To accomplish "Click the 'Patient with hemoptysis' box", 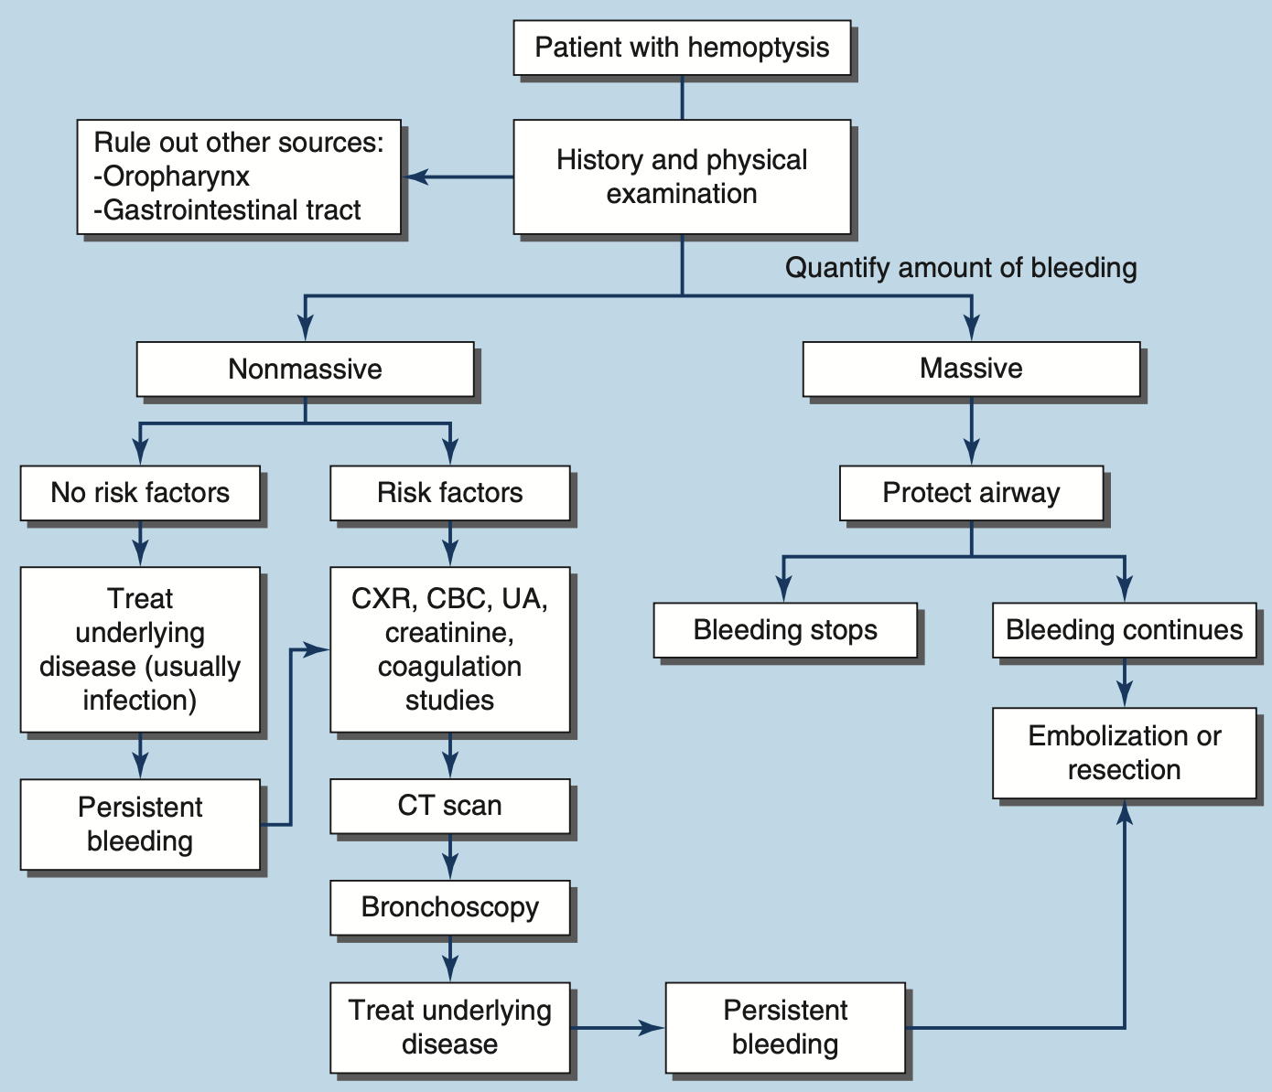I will pyautogui.click(x=682, y=48).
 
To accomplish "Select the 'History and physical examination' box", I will pyautogui.click(x=682, y=177).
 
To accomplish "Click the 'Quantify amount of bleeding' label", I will pyautogui.click(x=961, y=268).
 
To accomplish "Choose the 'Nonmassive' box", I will pyautogui.click(x=305, y=369).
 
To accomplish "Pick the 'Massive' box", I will pyautogui.click(x=971, y=369).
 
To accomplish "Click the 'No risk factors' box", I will pyautogui.click(x=140, y=493).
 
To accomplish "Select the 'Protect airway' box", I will pyautogui.click(x=971, y=493).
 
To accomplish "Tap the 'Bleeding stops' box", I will pyautogui.click(x=785, y=630).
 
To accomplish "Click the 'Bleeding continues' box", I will pyautogui.click(x=1124, y=630).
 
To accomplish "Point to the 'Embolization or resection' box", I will pyautogui.click(x=1124, y=753).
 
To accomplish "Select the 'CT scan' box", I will pyautogui.click(x=449, y=806).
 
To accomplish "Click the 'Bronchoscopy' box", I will pyautogui.click(x=449, y=907).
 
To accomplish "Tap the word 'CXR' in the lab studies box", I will pyautogui.click(x=380, y=599).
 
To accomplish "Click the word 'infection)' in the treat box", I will pyautogui.click(x=140, y=701).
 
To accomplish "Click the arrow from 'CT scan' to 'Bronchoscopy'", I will pyautogui.click(x=450, y=858).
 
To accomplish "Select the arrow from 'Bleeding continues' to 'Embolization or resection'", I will pyautogui.click(x=1125, y=683).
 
